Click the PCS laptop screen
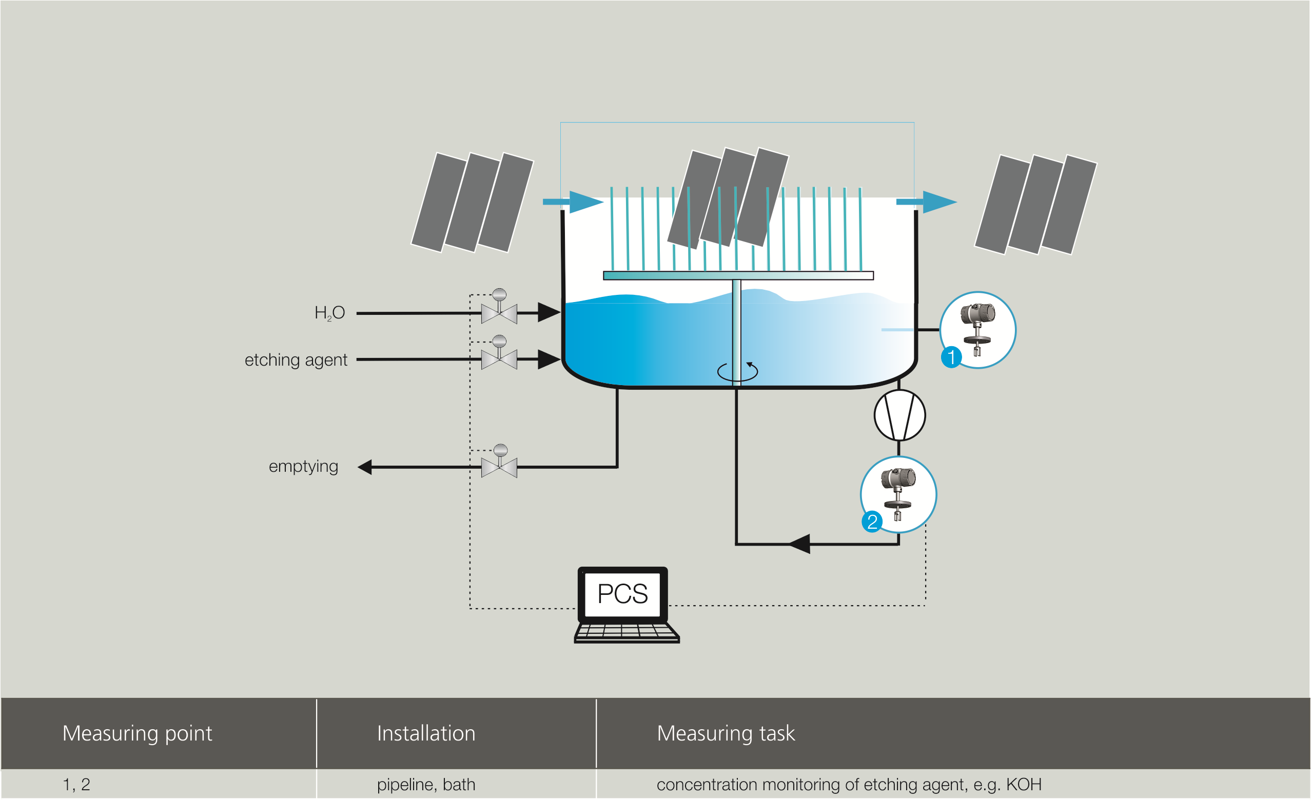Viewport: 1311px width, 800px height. click(x=622, y=594)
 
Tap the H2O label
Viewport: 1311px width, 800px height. click(x=329, y=313)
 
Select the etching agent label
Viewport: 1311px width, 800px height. click(x=296, y=360)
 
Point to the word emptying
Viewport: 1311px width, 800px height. click(x=303, y=467)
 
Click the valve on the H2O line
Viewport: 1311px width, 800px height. click(x=499, y=313)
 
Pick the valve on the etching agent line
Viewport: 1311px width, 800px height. click(x=499, y=359)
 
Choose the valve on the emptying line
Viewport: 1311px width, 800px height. click(x=499, y=468)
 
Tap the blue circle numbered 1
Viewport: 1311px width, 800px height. click(x=951, y=357)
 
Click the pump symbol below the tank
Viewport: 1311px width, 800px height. click(x=899, y=415)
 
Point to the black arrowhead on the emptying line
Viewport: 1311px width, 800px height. click(x=365, y=468)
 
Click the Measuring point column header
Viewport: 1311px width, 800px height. click(x=138, y=733)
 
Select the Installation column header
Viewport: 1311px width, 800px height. click(x=426, y=733)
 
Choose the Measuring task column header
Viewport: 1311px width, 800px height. click(x=726, y=733)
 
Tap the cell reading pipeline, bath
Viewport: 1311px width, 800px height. click(x=426, y=785)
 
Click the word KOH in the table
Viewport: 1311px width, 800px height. click(x=1023, y=785)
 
